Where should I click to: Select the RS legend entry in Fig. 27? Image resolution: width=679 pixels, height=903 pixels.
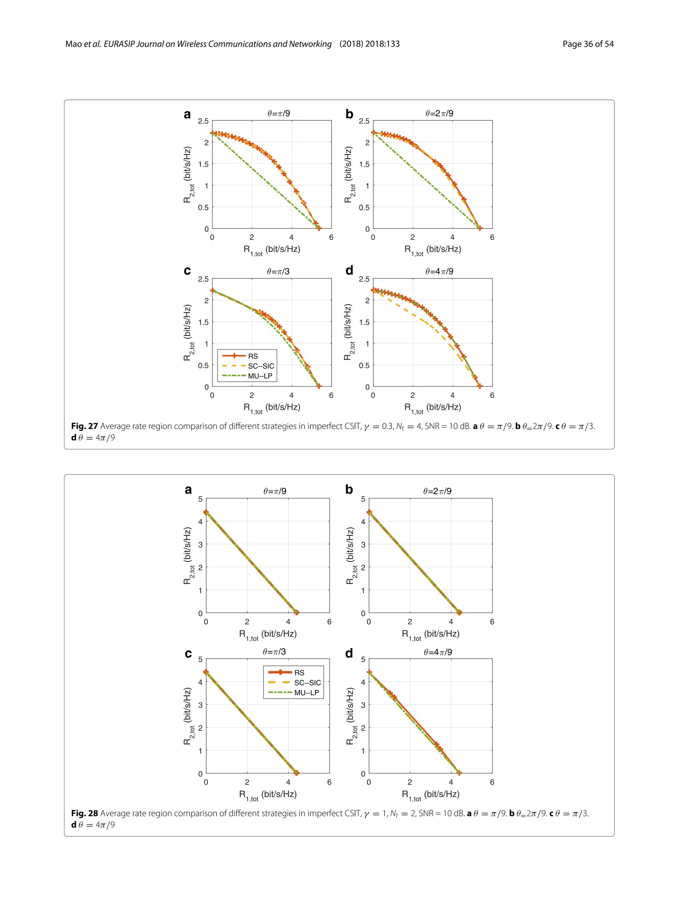pyautogui.click(x=253, y=356)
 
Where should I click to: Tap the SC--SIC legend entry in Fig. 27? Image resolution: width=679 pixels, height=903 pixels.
pyautogui.click(x=261, y=366)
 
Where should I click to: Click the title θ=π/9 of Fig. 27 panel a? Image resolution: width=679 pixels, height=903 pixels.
pyautogui.click(x=279, y=113)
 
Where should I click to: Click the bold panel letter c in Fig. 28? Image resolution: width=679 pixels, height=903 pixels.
pyautogui.click(x=188, y=654)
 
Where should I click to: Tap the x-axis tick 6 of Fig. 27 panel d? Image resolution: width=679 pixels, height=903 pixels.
pyautogui.click(x=492, y=395)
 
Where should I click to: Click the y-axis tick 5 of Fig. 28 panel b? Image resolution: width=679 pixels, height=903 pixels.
pyautogui.click(x=363, y=499)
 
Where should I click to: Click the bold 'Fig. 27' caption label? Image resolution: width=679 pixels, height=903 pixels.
pyautogui.click(x=85, y=426)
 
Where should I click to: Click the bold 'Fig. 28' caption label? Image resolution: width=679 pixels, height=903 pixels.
pyautogui.click(x=85, y=813)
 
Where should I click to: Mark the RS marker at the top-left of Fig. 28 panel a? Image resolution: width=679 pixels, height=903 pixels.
pyautogui.click(x=206, y=512)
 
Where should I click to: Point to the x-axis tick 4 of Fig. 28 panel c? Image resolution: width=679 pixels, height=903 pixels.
pyautogui.click(x=288, y=782)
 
